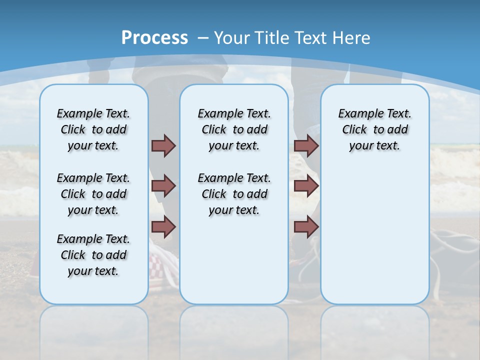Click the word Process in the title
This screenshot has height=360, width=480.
tap(154, 37)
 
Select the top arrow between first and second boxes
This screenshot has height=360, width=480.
tap(163, 145)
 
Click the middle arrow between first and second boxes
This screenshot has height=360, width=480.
tap(163, 186)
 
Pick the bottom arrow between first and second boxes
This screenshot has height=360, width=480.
tap(163, 227)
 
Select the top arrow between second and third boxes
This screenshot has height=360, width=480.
tap(306, 145)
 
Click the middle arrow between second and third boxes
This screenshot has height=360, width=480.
tap(306, 186)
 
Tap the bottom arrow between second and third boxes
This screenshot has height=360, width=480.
tap(306, 227)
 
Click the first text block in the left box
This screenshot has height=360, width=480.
tap(93, 129)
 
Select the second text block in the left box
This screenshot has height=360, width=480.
tap(93, 194)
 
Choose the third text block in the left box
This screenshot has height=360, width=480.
tap(93, 255)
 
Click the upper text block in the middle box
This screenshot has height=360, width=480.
tap(234, 129)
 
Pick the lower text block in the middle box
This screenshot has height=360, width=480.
tap(234, 194)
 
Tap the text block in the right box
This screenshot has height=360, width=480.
tap(374, 129)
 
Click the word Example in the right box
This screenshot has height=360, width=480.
tap(357, 114)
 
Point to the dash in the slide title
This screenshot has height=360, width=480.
tap(203, 38)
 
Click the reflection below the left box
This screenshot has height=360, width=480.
tap(94, 330)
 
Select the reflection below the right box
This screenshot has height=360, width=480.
tap(375, 330)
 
